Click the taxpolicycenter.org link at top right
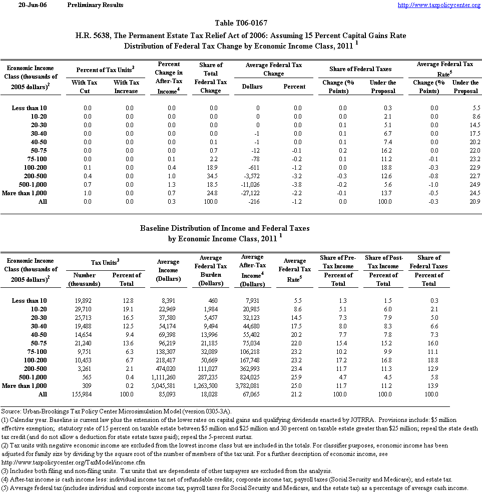[439, 5]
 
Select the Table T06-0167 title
[241, 23]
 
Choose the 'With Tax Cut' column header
[85, 87]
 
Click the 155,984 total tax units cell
[84, 394]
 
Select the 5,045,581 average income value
[168, 385]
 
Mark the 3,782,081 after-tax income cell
[252, 385]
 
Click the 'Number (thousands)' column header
[84, 279]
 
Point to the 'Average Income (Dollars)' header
[168, 270]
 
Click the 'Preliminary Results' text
[95, 5]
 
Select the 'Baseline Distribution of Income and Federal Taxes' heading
[225, 228]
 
